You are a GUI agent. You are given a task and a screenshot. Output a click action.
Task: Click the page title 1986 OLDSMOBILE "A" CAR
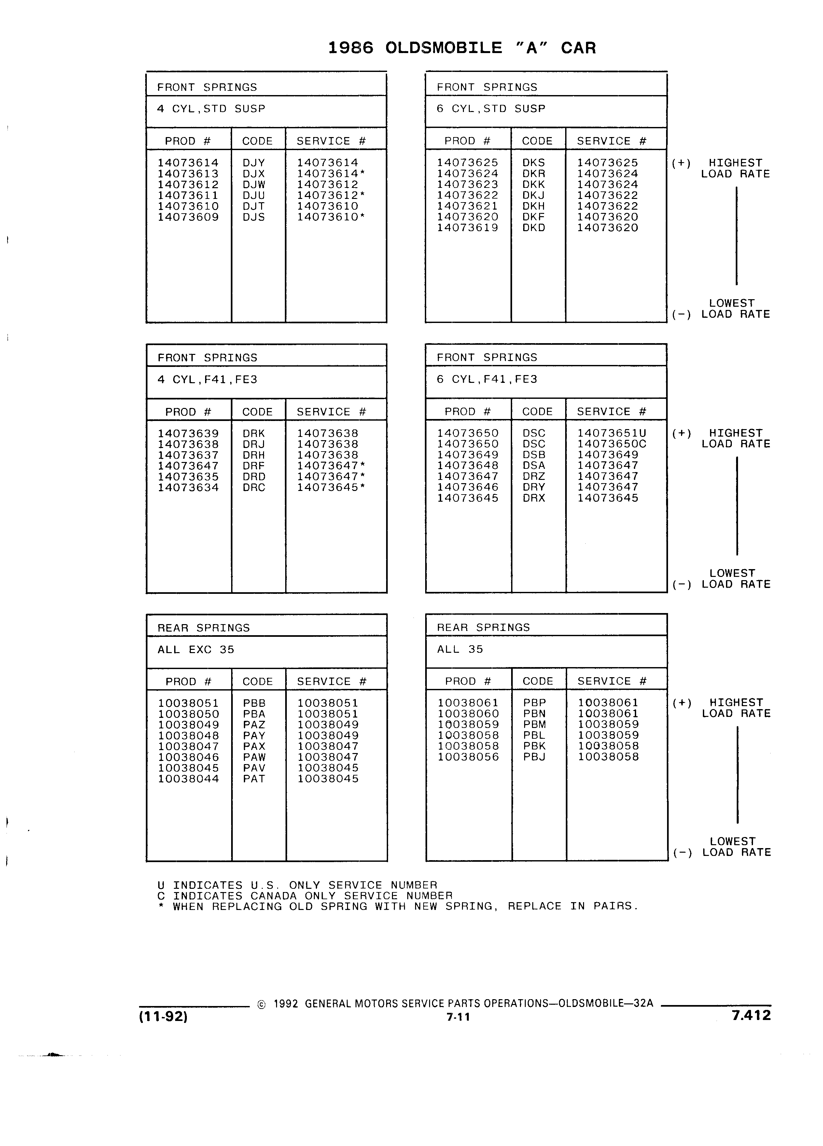click(462, 48)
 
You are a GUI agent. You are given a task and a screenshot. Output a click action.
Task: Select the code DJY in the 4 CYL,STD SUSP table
click(254, 163)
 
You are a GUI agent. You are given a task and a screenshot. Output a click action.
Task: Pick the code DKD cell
click(534, 228)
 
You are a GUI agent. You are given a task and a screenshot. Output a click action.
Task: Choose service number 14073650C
click(611, 444)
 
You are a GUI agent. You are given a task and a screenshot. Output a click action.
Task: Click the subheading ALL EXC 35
click(196, 650)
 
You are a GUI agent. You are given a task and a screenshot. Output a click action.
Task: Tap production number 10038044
click(188, 779)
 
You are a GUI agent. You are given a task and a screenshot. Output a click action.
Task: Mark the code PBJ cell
click(534, 757)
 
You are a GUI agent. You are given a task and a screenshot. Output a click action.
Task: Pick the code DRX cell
click(534, 498)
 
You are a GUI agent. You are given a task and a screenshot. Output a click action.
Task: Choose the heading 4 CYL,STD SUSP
click(211, 109)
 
